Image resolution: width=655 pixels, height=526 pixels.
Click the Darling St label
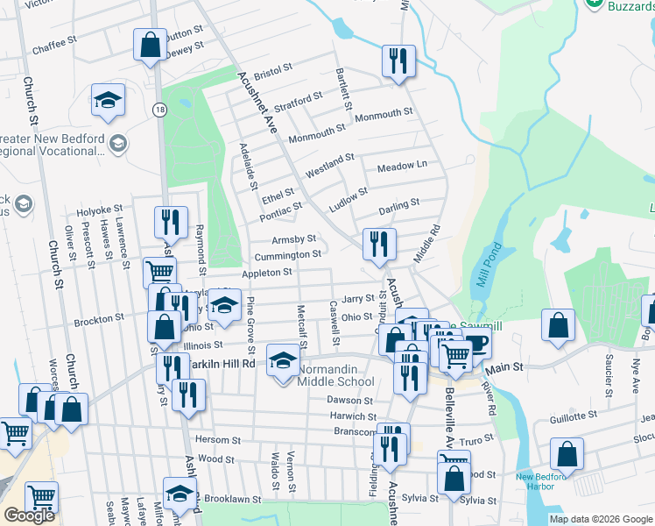399,207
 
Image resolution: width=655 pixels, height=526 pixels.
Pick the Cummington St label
287,255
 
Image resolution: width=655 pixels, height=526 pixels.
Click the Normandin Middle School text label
335,375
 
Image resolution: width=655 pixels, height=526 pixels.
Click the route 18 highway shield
158,109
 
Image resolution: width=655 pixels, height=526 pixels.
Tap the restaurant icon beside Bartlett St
398,60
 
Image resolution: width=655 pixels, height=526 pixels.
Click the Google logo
29,516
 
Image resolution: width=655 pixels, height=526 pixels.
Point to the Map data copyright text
600,519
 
